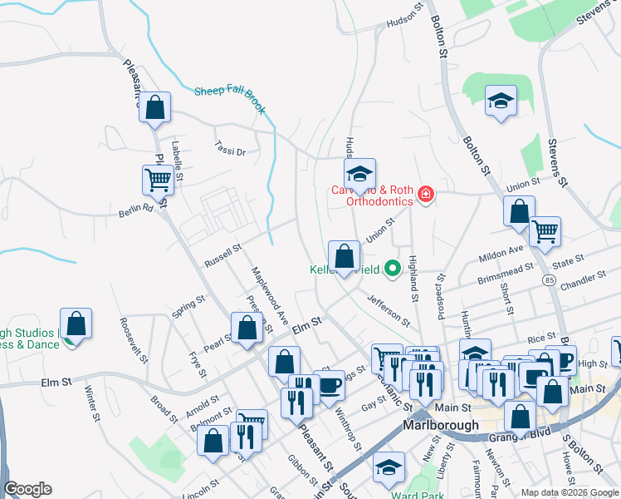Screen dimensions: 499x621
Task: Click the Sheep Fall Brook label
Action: click(228, 91)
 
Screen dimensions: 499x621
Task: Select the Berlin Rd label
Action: click(136, 210)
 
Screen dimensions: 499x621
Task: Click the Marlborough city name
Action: click(440, 424)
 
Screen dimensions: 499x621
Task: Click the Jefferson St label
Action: click(389, 309)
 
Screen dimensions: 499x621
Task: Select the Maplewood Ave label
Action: click(270, 294)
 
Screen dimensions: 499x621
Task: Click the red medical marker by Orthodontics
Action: click(426, 195)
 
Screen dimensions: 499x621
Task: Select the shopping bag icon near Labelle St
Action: click(154, 107)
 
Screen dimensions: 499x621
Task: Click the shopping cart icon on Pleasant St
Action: click(158, 179)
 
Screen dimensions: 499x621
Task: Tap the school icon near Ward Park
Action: click(388, 468)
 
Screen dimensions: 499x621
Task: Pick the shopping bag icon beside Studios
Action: click(76, 324)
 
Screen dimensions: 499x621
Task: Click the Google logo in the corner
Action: click(27, 489)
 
